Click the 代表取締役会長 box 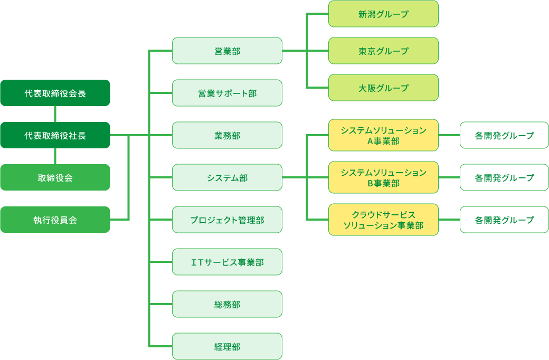[x=55, y=93]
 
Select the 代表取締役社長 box [x=55, y=135]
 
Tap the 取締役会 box [x=55, y=177]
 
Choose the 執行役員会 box [x=55, y=220]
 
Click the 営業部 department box [x=227, y=51]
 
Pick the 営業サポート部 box [x=227, y=93]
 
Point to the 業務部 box [x=227, y=135]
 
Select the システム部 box [x=227, y=177]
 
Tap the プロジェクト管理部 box [x=227, y=220]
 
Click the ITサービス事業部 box [x=227, y=262]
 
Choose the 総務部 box [x=227, y=304]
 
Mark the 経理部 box [x=227, y=346]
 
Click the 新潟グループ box [x=383, y=14]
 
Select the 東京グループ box [x=383, y=51]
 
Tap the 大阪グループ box [x=383, y=88]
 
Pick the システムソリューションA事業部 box [x=383, y=135]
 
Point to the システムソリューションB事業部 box [x=383, y=177]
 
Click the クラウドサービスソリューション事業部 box [x=383, y=220]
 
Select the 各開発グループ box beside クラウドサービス [x=504, y=220]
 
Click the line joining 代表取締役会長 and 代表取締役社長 [x=55, y=114]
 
